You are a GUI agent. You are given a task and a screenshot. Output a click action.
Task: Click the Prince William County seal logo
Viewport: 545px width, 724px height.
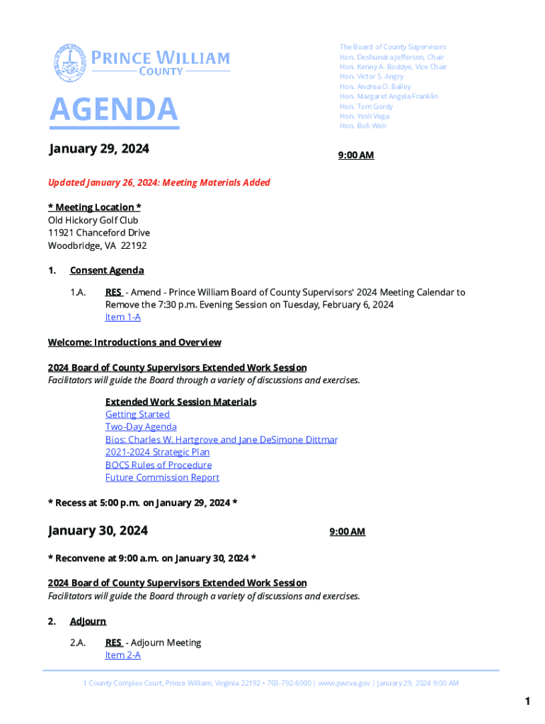pyautogui.click(x=69, y=63)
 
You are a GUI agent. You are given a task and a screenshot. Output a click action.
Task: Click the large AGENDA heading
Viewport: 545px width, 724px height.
pyautogui.click(x=113, y=110)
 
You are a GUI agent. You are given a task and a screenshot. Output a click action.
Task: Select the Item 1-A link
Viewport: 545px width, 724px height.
pyautogui.click(x=122, y=317)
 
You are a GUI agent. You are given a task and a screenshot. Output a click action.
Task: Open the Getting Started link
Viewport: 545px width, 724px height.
pyautogui.click(x=137, y=414)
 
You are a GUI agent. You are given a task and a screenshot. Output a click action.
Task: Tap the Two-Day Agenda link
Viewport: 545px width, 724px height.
pyautogui.click(x=141, y=427)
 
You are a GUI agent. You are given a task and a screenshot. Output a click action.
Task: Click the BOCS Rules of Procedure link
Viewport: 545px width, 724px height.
pyautogui.click(x=159, y=465)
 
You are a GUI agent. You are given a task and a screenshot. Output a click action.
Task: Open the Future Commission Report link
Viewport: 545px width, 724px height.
pyautogui.click(x=162, y=478)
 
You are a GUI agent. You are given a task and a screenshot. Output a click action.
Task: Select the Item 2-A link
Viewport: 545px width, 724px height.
pyautogui.click(x=122, y=655)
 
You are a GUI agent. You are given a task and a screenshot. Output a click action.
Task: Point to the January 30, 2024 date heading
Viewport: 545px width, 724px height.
pyautogui.click(x=98, y=531)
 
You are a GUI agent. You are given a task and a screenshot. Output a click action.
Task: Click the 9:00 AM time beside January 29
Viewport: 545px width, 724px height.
pyautogui.click(x=356, y=156)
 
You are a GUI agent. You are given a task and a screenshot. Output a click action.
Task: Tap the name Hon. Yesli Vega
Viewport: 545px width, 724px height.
pyautogui.click(x=364, y=116)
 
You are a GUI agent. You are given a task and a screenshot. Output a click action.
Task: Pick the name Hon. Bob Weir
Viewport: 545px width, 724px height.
pyautogui.click(x=363, y=126)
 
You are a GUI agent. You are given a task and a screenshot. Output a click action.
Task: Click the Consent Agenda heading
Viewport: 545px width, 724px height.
pyautogui.click(x=107, y=271)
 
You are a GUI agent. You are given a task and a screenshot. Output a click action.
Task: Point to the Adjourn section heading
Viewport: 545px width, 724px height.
pyautogui.click(x=88, y=621)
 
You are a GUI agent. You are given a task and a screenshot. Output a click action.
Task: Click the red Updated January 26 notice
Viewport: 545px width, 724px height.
pyautogui.click(x=159, y=182)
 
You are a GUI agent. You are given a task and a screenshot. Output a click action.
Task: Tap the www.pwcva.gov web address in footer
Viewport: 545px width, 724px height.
pyautogui.click(x=344, y=683)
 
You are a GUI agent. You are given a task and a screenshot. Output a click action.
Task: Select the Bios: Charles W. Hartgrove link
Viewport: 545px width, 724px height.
pyautogui.click(x=221, y=440)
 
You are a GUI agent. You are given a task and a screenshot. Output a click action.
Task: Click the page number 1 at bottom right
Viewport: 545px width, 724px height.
pyautogui.click(x=527, y=701)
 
